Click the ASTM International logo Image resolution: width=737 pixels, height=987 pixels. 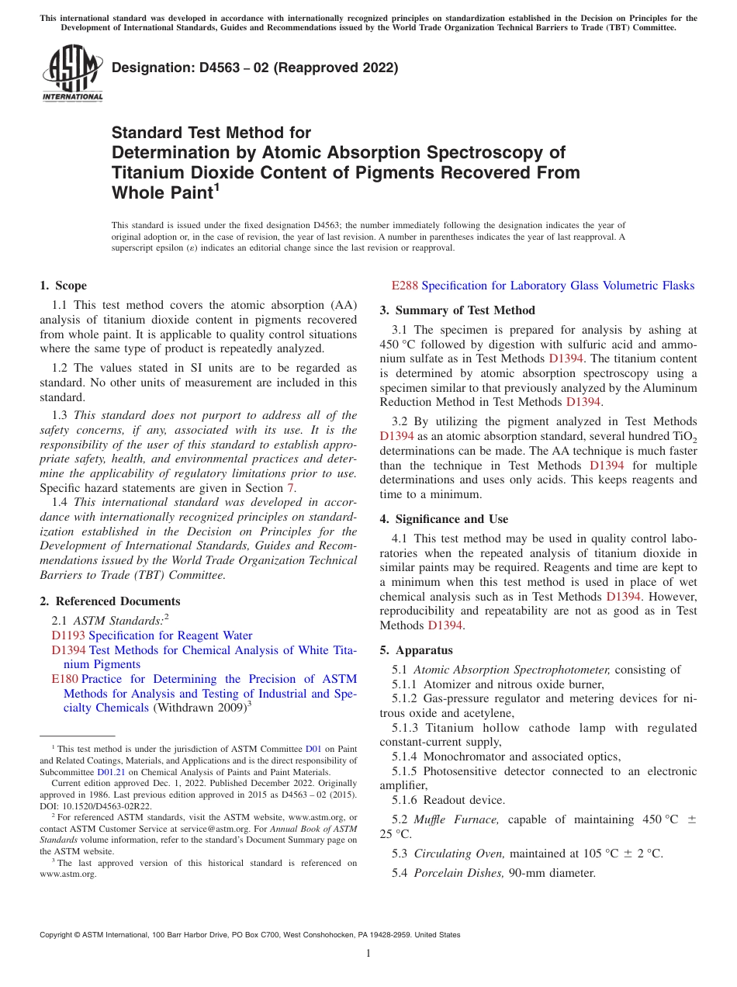[72, 74]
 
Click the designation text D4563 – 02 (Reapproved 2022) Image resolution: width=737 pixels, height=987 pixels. [254, 68]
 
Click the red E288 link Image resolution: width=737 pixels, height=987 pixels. [404, 286]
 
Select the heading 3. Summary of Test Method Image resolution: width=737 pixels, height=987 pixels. [457, 310]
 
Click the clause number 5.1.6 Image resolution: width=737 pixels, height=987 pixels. [407, 800]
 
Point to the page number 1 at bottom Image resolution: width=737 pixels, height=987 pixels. [368, 954]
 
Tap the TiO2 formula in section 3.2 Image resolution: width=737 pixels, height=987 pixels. [684, 437]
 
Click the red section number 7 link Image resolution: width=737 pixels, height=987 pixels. [291, 488]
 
